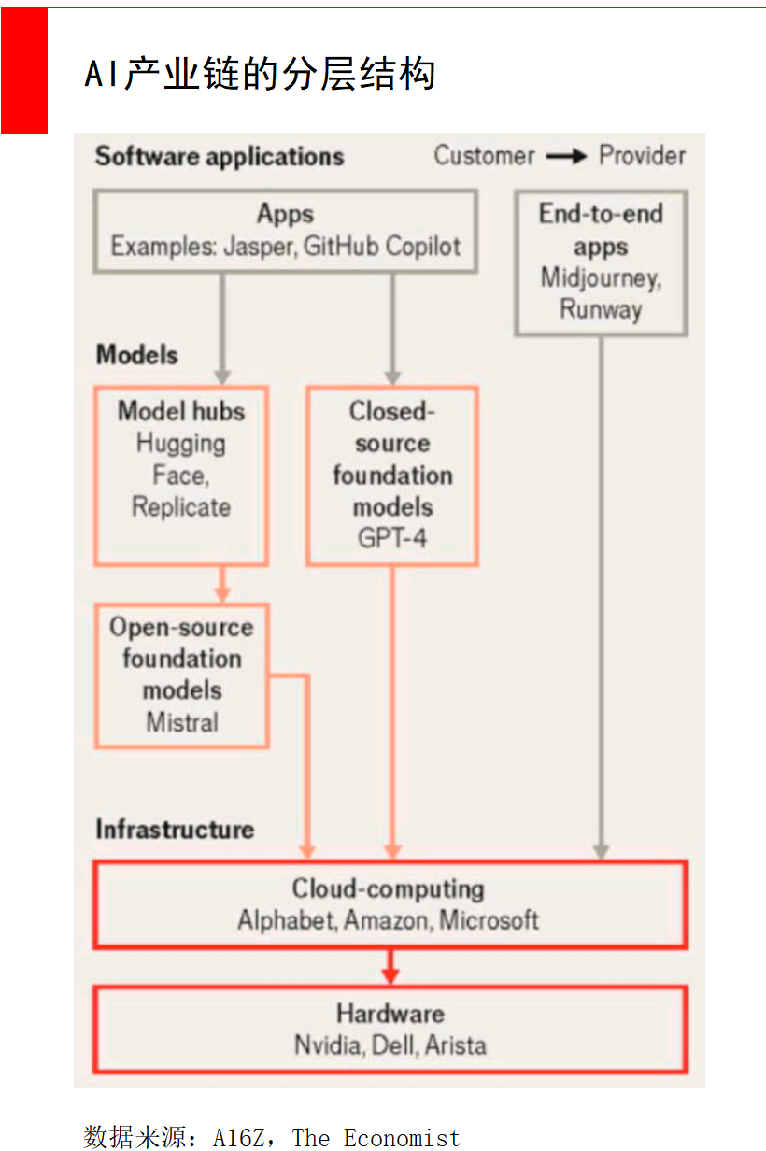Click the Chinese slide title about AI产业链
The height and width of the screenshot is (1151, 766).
(x=260, y=74)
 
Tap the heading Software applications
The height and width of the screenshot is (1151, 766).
(x=220, y=156)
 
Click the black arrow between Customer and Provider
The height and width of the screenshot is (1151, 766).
(x=566, y=156)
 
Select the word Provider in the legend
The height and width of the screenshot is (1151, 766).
(x=642, y=155)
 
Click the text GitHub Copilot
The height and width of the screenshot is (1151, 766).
(x=382, y=246)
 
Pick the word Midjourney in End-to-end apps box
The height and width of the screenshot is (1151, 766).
(x=601, y=279)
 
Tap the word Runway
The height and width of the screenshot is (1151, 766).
(x=601, y=310)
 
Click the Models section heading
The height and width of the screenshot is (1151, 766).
(x=136, y=355)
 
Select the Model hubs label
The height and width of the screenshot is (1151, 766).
(x=181, y=411)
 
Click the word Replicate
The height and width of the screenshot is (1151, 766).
(x=181, y=507)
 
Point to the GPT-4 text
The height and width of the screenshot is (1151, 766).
(x=392, y=538)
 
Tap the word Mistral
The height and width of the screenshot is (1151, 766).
(x=182, y=722)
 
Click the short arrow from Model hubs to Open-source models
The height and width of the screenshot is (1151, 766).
(x=222, y=584)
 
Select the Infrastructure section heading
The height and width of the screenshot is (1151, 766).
(x=176, y=830)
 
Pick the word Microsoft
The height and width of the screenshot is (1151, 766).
(x=489, y=919)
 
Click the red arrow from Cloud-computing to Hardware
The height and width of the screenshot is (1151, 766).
(x=390, y=967)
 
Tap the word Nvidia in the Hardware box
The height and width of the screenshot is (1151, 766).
(x=328, y=1045)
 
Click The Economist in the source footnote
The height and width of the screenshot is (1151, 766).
(x=376, y=1137)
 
